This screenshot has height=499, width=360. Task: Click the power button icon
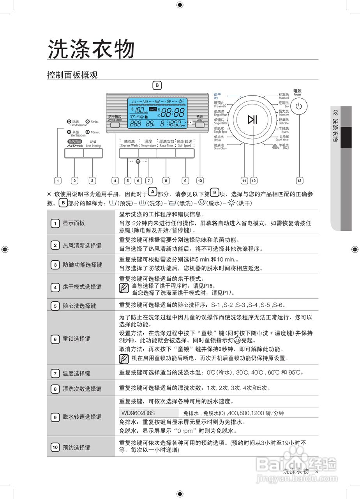pyautogui.click(x=298, y=106)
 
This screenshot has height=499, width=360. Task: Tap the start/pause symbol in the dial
pyautogui.click(x=252, y=119)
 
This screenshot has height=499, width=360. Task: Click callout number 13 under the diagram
pyautogui.click(x=299, y=180)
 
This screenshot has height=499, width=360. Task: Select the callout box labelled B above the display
pyautogui.click(x=157, y=85)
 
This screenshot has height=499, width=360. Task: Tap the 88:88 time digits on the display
pyautogui.click(x=173, y=113)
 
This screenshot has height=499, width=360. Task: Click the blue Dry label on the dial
pyautogui.click(x=217, y=96)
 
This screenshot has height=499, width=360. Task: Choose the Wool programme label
pyautogui.click(x=283, y=147)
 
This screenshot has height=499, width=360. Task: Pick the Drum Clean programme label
pyautogui.click(x=220, y=147)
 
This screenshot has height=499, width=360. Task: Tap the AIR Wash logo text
pyautogui.click(x=75, y=145)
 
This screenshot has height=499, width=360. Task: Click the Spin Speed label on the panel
pyautogui.click(x=184, y=143)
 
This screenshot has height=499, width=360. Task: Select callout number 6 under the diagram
pyautogui.click(x=138, y=180)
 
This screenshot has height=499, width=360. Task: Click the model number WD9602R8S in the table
pyautogui.click(x=138, y=413)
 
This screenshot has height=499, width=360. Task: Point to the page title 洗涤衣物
pyautogui.click(x=91, y=49)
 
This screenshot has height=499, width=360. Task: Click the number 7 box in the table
pyautogui.click(x=55, y=373)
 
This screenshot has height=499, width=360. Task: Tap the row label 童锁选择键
pyautogui.click(x=76, y=339)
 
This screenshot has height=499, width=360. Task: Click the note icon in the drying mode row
pyautogui.click(x=124, y=289)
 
